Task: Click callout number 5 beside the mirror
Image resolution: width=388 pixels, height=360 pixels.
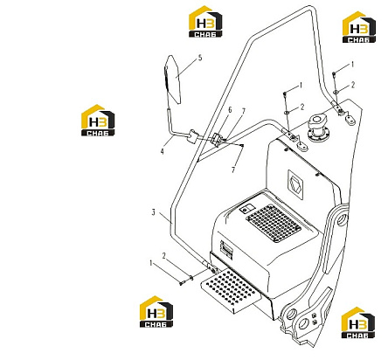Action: tap(200, 58)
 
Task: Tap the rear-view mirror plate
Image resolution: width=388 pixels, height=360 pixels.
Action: tap(172, 80)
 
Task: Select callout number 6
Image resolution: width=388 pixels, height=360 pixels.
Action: tap(230, 110)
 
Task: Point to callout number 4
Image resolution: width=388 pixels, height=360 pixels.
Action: tap(162, 151)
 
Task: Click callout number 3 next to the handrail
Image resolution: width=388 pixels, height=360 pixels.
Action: tap(154, 212)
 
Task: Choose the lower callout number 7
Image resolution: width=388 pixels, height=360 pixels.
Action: tap(233, 170)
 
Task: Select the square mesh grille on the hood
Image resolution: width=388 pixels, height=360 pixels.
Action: tap(274, 224)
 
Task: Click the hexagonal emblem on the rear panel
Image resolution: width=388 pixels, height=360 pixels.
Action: tap(295, 185)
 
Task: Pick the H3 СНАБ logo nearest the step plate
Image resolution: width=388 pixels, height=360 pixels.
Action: tap(156, 312)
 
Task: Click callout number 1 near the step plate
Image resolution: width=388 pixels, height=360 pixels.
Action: tap(151, 263)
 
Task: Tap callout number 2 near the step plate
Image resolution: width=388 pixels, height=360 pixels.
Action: tap(163, 256)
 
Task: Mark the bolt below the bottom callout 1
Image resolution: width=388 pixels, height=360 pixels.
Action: tap(182, 282)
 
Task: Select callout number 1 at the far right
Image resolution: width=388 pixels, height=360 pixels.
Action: tap(352, 65)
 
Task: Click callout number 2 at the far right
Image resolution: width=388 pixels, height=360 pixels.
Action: tap(353, 85)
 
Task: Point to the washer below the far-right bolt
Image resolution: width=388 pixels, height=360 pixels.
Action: tap(336, 92)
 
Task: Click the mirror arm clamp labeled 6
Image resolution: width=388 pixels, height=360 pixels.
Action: tap(217, 139)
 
